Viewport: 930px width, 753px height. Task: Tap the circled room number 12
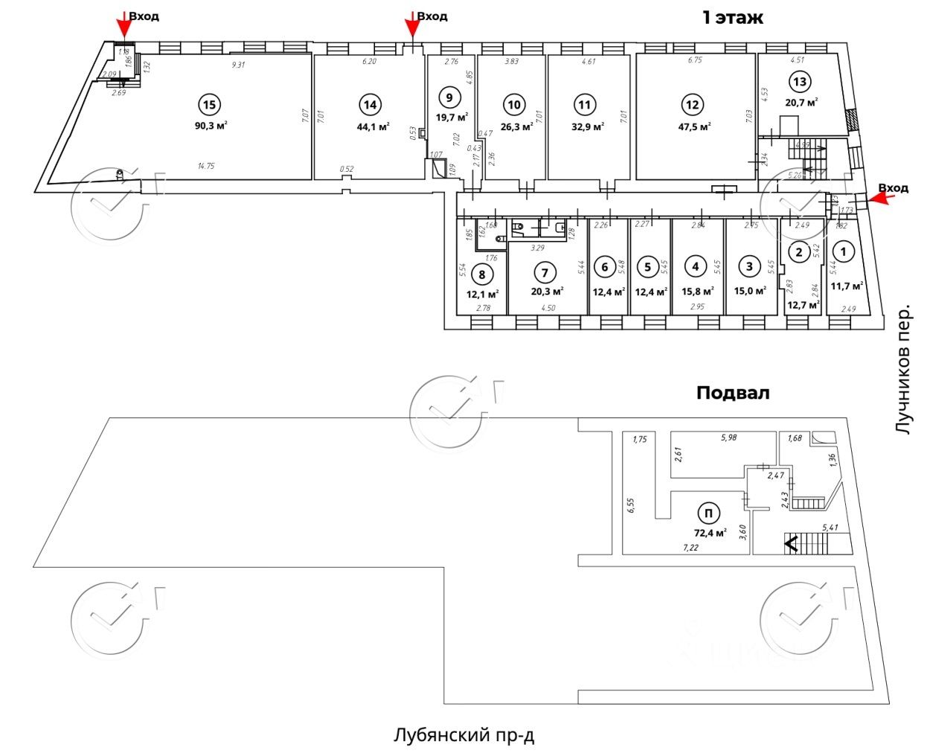click(x=693, y=104)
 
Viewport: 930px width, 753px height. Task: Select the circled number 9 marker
click(x=449, y=96)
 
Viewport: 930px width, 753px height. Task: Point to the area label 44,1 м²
click(x=373, y=126)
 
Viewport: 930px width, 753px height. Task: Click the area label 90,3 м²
click(x=211, y=126)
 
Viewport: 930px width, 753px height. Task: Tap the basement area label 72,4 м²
click(x=710, y=533)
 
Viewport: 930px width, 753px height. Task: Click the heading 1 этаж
click(x=732, y=18)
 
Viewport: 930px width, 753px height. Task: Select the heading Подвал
click(x=732, y=392)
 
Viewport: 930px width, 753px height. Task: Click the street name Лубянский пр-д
click(x=464, y=736)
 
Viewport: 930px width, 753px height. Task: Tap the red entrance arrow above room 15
click(x=124, y=25)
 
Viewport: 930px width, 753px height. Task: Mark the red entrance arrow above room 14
click(x=411, y=25)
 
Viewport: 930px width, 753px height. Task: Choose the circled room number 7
click(x=545, y=273)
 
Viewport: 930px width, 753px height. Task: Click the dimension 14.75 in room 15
click(x=205, y=167)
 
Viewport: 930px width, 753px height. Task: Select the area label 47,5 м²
click(x=694, y=126)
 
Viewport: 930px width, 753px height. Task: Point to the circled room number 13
click(x=801, y=82)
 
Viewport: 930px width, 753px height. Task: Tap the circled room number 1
click(x=843, y=252)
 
